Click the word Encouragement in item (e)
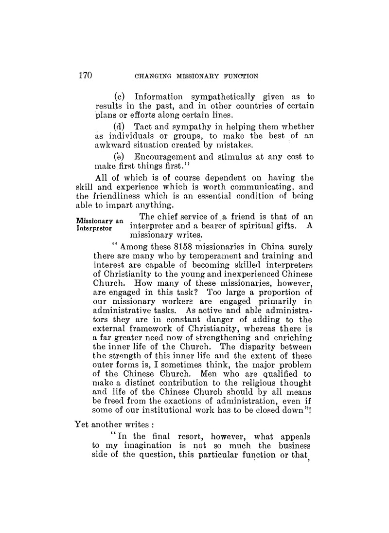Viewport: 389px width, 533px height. coord(168,158)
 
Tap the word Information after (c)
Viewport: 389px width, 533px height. coord(158,97)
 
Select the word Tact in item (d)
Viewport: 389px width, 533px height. coord(143,127)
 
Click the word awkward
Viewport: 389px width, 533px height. coord(114,147)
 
